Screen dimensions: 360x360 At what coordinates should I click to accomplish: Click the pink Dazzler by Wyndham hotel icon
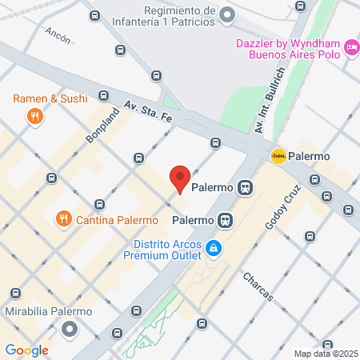(351, 49)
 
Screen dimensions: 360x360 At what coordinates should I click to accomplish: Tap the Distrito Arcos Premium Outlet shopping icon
(213, 249)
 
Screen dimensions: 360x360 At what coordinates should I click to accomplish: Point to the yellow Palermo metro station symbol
(278, 156)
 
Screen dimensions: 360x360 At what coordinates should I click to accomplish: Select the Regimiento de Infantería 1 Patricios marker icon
(227, 15)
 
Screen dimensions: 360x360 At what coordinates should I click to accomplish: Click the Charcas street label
(258, 286)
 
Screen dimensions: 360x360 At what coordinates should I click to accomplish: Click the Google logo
(26, 350)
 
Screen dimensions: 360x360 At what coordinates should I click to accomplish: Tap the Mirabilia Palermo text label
(48, 311)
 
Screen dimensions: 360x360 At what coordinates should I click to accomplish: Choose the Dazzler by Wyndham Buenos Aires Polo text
(288, 49)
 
